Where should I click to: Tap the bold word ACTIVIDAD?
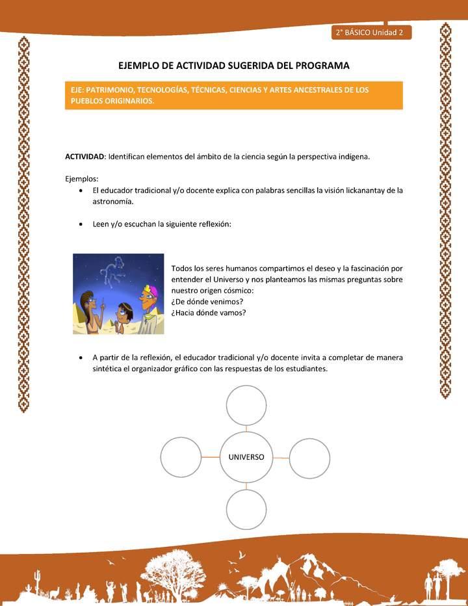coord(84,157)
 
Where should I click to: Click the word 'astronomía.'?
coord(113,202)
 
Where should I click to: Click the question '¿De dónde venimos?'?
coord(207,301)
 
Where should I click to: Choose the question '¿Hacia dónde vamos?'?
coord(208,312)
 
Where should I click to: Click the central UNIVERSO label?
coord(246,457)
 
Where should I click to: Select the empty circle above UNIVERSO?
coord(246,406)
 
